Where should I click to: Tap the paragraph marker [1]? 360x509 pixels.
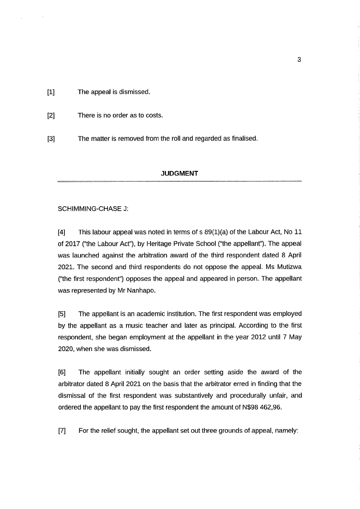(51, 92)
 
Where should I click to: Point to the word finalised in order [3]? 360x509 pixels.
(244, 138)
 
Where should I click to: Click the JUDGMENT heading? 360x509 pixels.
(180, 174)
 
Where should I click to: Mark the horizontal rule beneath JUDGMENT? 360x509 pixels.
(180, 181)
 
